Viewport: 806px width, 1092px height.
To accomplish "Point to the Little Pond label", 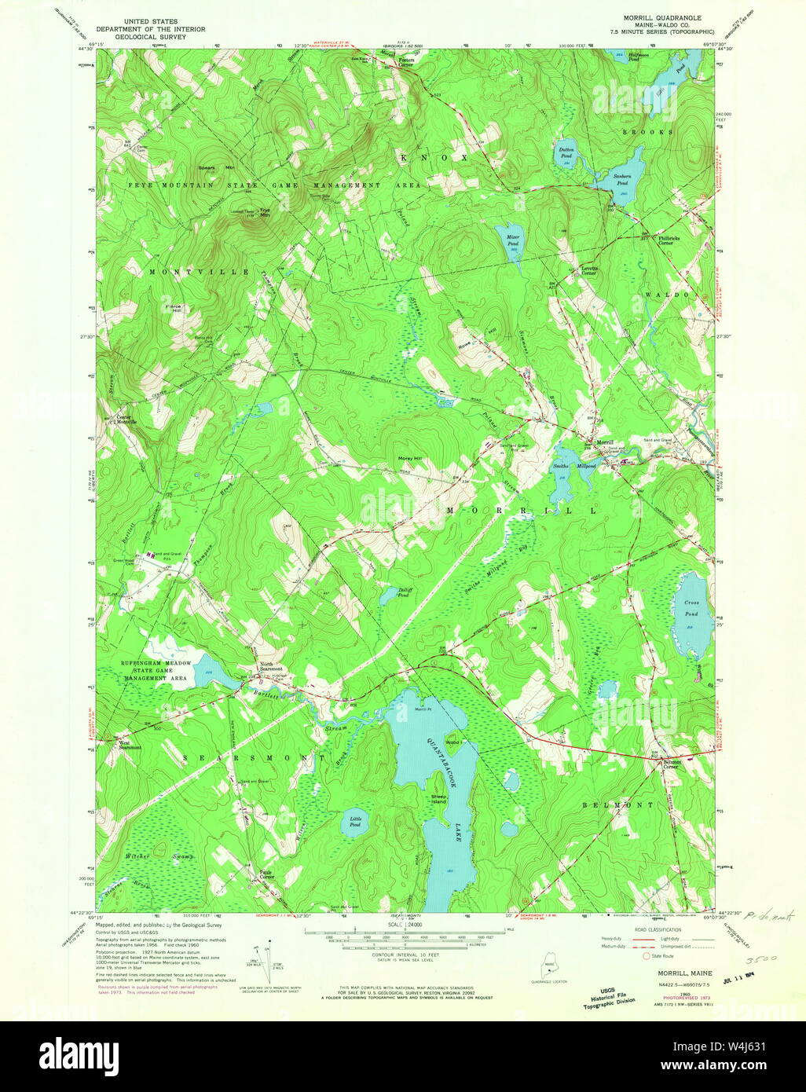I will coord(355,822).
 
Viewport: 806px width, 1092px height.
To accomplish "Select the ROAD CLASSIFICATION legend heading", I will coord(654,929).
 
